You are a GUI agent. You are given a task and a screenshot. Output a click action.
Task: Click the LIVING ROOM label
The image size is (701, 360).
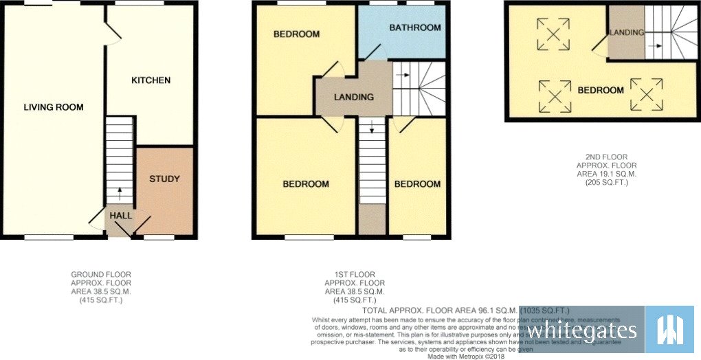click(54, 107)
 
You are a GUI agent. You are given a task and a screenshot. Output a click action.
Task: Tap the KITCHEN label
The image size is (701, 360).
click(151, 80)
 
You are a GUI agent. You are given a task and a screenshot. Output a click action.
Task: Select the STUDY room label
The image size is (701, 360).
click(164, 179)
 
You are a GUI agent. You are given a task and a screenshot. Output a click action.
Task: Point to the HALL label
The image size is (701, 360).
click(121, 216)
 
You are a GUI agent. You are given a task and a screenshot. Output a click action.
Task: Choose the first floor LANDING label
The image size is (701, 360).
click(354, 97)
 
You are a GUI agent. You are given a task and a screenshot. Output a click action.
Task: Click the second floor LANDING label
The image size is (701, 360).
click(627, 32)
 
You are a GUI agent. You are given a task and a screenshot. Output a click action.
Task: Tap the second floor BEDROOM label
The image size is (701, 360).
click(600, 90)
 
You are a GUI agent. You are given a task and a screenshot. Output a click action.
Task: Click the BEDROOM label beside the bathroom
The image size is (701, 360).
click(296, 34)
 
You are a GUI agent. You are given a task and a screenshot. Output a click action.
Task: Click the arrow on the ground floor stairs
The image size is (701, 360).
click(120, 192)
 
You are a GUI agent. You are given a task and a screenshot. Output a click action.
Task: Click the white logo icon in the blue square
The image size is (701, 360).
click(670, 330)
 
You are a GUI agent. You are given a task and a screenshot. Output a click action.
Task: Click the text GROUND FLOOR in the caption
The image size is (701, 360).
click(101, 274)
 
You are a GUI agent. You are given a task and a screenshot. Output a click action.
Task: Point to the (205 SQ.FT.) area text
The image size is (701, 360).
click(607, 183)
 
